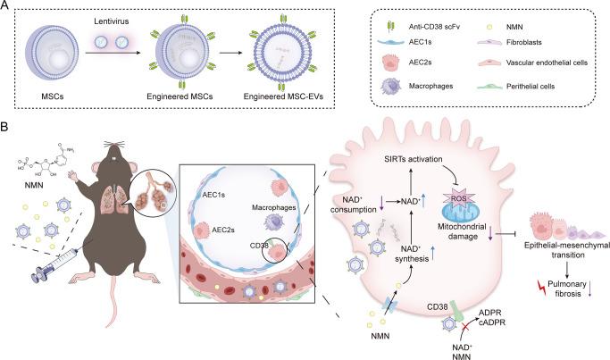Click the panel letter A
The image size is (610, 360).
tap(6, 7)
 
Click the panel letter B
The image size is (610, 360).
tap(6, 129)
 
